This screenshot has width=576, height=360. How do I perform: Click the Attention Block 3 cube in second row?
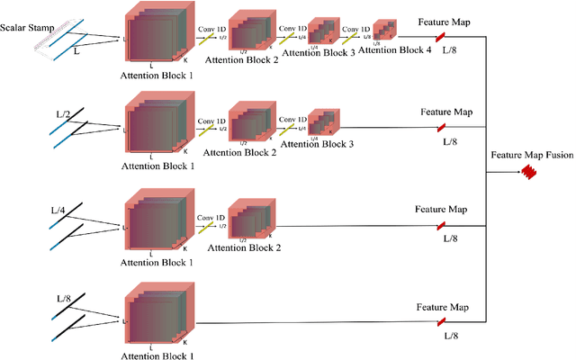point(321,122)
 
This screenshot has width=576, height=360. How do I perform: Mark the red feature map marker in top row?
point(441,37)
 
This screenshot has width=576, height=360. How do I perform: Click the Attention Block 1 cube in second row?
point(159,125)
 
